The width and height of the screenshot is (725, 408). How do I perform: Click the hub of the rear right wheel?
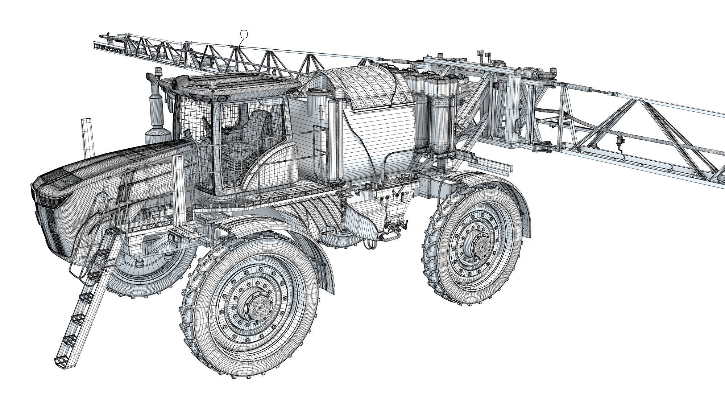click(480, 245)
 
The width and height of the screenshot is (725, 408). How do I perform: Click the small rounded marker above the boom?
click(244, 34)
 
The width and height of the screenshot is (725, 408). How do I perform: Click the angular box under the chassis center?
click(362, 218)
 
